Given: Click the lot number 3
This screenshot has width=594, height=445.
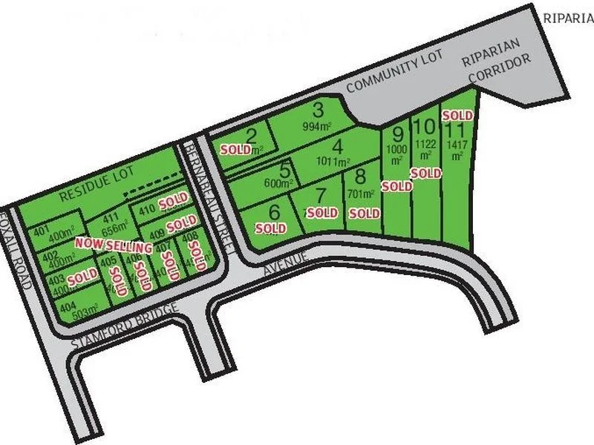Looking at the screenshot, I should click(319, 111).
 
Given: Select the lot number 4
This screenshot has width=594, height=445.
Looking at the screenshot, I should click(339, 145).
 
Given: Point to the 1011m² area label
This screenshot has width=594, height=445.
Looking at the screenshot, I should click(333, 161).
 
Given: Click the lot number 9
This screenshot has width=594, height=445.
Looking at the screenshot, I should click(398, 134).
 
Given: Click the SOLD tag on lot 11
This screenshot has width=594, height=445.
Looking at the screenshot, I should click(457, 116).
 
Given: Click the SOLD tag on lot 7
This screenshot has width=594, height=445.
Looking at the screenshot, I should click(322, 213).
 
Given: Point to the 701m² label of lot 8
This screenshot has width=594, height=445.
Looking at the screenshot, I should click(359, 194).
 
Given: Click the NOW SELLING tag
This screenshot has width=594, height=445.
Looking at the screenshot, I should click(107, 244).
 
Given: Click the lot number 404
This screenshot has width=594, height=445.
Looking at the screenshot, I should click(68, 306).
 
